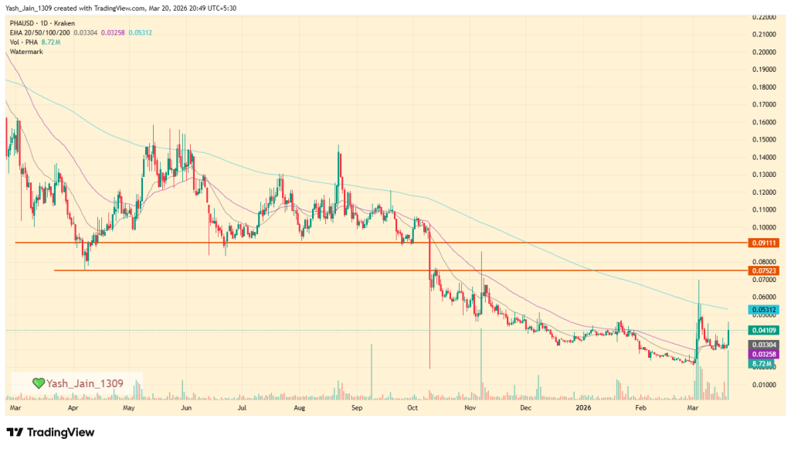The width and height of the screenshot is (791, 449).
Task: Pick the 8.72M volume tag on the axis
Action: tap(762, 362)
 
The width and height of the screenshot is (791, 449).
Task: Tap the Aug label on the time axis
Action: tap(300, 406)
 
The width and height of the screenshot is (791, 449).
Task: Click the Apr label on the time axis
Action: tap(73, 406)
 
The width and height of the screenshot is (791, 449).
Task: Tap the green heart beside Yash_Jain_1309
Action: tap(38, 383)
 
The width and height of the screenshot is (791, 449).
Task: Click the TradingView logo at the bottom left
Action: tap(50, 432)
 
